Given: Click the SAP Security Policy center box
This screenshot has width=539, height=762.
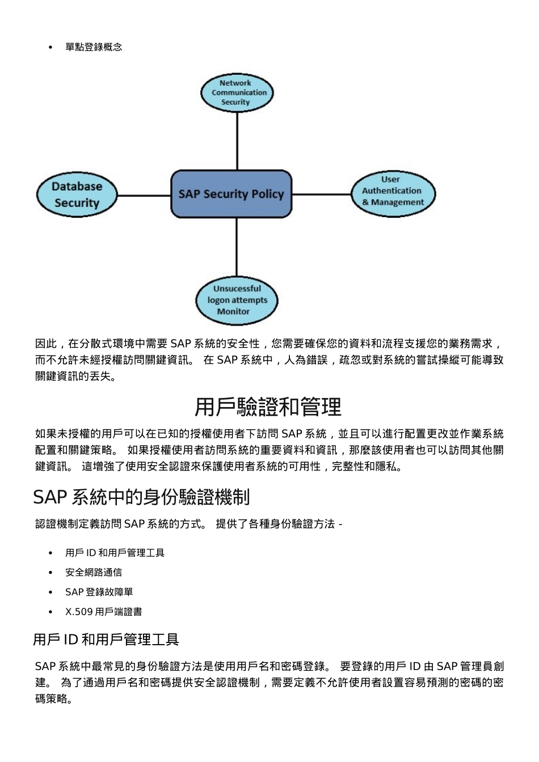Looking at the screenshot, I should tap(231, 194).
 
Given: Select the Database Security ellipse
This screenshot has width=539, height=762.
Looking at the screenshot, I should tap(77, 194).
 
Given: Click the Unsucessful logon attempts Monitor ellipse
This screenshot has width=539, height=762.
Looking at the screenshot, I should tap(237, 300).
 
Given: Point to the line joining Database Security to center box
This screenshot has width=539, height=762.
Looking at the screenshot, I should tap(144, 196).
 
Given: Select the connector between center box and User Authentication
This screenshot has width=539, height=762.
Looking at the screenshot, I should tap(322, 194).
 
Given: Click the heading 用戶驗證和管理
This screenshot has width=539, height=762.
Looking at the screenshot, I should tap(268, 407).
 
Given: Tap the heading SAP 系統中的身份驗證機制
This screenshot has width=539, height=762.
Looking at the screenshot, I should tap(141, 497).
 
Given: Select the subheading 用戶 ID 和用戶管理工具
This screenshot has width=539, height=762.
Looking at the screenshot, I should tap(106, 640).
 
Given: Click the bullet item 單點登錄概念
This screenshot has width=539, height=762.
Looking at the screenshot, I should tap(94, 47).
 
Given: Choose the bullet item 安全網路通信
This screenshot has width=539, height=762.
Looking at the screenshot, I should tap(94, 573).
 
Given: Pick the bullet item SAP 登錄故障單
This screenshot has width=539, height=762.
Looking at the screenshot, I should tap(99, 592).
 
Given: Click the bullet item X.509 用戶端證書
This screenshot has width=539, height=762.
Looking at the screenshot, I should tap(103, 612).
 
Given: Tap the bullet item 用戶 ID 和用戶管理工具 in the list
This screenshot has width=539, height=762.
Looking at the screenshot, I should tap(115, 553).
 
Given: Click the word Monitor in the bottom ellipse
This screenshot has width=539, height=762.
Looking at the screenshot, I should tap(233, 311).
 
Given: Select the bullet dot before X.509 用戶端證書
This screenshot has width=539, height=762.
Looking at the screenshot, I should tap(50, 612).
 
